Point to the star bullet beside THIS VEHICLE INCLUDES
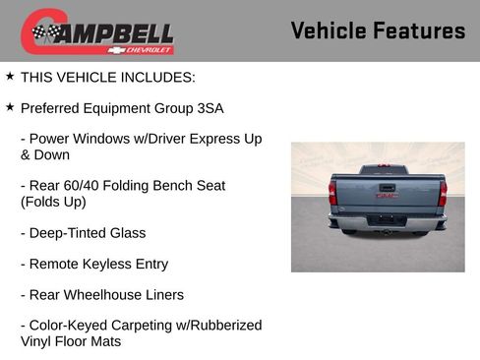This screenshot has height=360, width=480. click(10, 76)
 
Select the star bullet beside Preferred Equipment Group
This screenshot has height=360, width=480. click(10, 107)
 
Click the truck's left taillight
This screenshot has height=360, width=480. click(333, 195)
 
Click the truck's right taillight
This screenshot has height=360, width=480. click(443, 194)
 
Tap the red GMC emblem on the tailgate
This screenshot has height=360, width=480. click(387, 195)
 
